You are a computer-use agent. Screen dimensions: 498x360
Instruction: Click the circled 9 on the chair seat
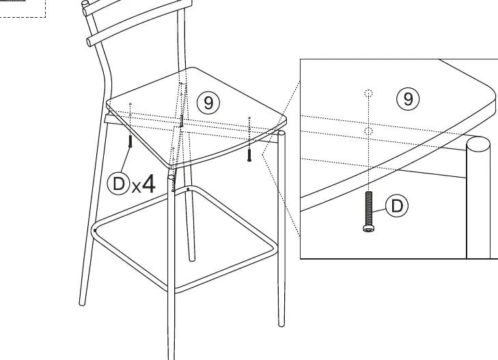[208, 102]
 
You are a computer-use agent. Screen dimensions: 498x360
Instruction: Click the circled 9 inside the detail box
[408, 99]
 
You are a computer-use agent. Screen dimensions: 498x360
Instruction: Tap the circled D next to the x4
[118, 184]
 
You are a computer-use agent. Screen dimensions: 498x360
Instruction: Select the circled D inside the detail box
[397, 206]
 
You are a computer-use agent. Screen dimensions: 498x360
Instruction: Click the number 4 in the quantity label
[148, 184]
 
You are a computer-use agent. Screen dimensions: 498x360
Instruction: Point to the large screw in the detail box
[368, 212]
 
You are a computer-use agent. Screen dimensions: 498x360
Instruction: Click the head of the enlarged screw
[368, 228]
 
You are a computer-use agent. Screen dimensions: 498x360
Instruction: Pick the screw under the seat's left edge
[130, 141]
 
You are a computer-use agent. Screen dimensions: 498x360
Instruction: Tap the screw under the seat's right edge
[249, 155]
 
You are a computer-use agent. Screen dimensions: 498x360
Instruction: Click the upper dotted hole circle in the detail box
[368, 94]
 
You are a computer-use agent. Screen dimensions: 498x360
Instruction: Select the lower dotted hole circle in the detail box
[368, 130]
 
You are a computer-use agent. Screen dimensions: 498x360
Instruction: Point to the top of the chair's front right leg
[281, 133]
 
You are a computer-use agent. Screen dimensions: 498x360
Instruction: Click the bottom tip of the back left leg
[82, 303]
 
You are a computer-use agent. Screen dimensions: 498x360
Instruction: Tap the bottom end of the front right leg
[281, 324]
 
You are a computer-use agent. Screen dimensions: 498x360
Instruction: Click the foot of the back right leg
[192, 260]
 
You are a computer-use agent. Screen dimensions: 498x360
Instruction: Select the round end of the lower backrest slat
[90, 42]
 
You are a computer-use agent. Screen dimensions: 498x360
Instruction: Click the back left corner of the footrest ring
[95, 230]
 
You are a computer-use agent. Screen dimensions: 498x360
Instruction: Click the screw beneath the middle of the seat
[181, 121]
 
